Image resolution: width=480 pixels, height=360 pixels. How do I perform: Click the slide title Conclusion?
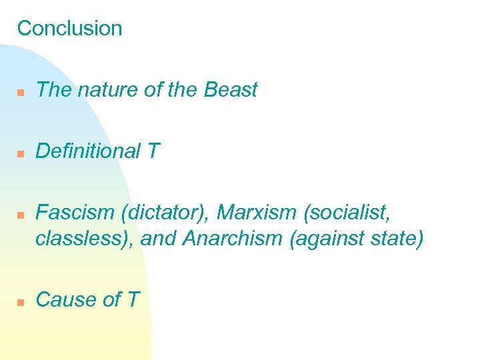pyautogui.click(x=69, y=29)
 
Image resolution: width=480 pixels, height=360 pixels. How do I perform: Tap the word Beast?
pyautogui.click(x=231, y=90)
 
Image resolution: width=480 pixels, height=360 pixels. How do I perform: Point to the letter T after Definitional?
pyautogui.click(x=153, y=151)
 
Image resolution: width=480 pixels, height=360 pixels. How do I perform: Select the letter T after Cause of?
pyautogui.click(x=133, y=300)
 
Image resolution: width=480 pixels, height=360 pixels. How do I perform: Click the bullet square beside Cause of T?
pyautogui.click(x=21, y=302)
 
